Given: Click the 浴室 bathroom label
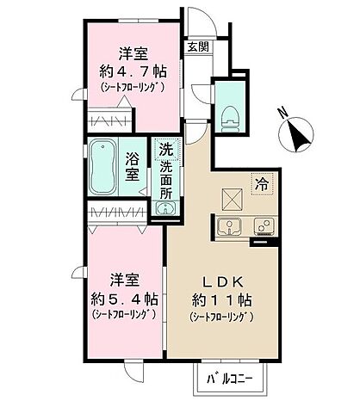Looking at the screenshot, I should [133, 167].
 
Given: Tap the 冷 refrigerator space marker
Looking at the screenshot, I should [260, 182].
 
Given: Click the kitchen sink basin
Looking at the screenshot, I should [230, 226].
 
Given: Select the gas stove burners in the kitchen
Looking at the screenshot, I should [264, 226].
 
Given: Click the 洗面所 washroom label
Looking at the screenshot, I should [165, 177].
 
